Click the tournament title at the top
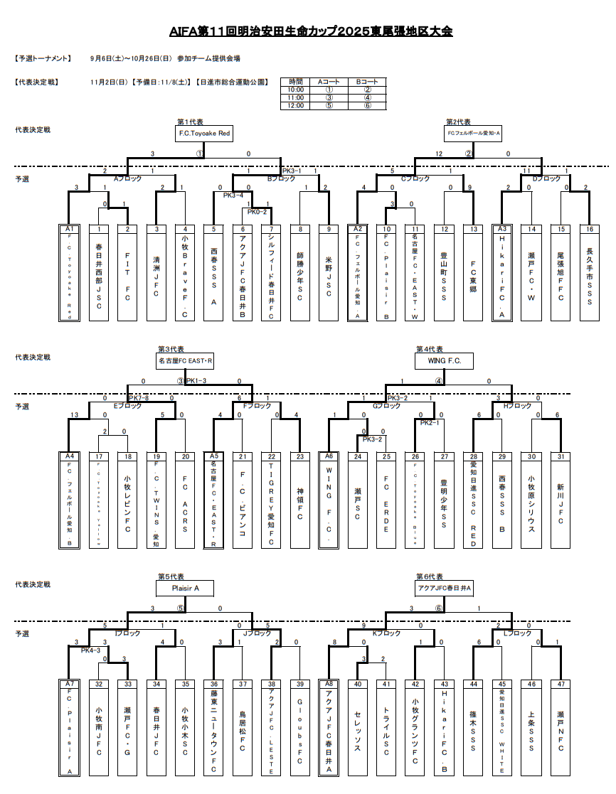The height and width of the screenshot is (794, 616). point(311,31)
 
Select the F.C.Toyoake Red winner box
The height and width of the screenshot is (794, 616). point(204,133)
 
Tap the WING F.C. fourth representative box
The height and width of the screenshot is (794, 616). point(445,361)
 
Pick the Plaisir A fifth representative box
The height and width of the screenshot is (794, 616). point(184,588)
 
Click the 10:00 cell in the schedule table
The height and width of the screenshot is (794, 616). point(295,90)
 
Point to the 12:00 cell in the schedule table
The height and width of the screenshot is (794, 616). point(295,105)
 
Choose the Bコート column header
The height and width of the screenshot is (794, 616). point(367,82)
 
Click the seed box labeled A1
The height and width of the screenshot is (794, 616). point(70,229)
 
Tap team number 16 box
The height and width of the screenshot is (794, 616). point(589,229)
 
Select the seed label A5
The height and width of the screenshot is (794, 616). point(214,456)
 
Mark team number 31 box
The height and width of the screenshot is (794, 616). point(560,456)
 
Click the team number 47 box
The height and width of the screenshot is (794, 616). point(560,684)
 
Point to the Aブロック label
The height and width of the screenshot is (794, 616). point(128,178)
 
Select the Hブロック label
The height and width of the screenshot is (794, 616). point(517,406)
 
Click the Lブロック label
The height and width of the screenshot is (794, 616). point(517,633)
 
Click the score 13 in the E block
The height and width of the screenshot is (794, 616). point(75,415)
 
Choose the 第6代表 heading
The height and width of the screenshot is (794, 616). point(429,576)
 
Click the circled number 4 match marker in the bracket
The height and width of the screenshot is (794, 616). point(439,380)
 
